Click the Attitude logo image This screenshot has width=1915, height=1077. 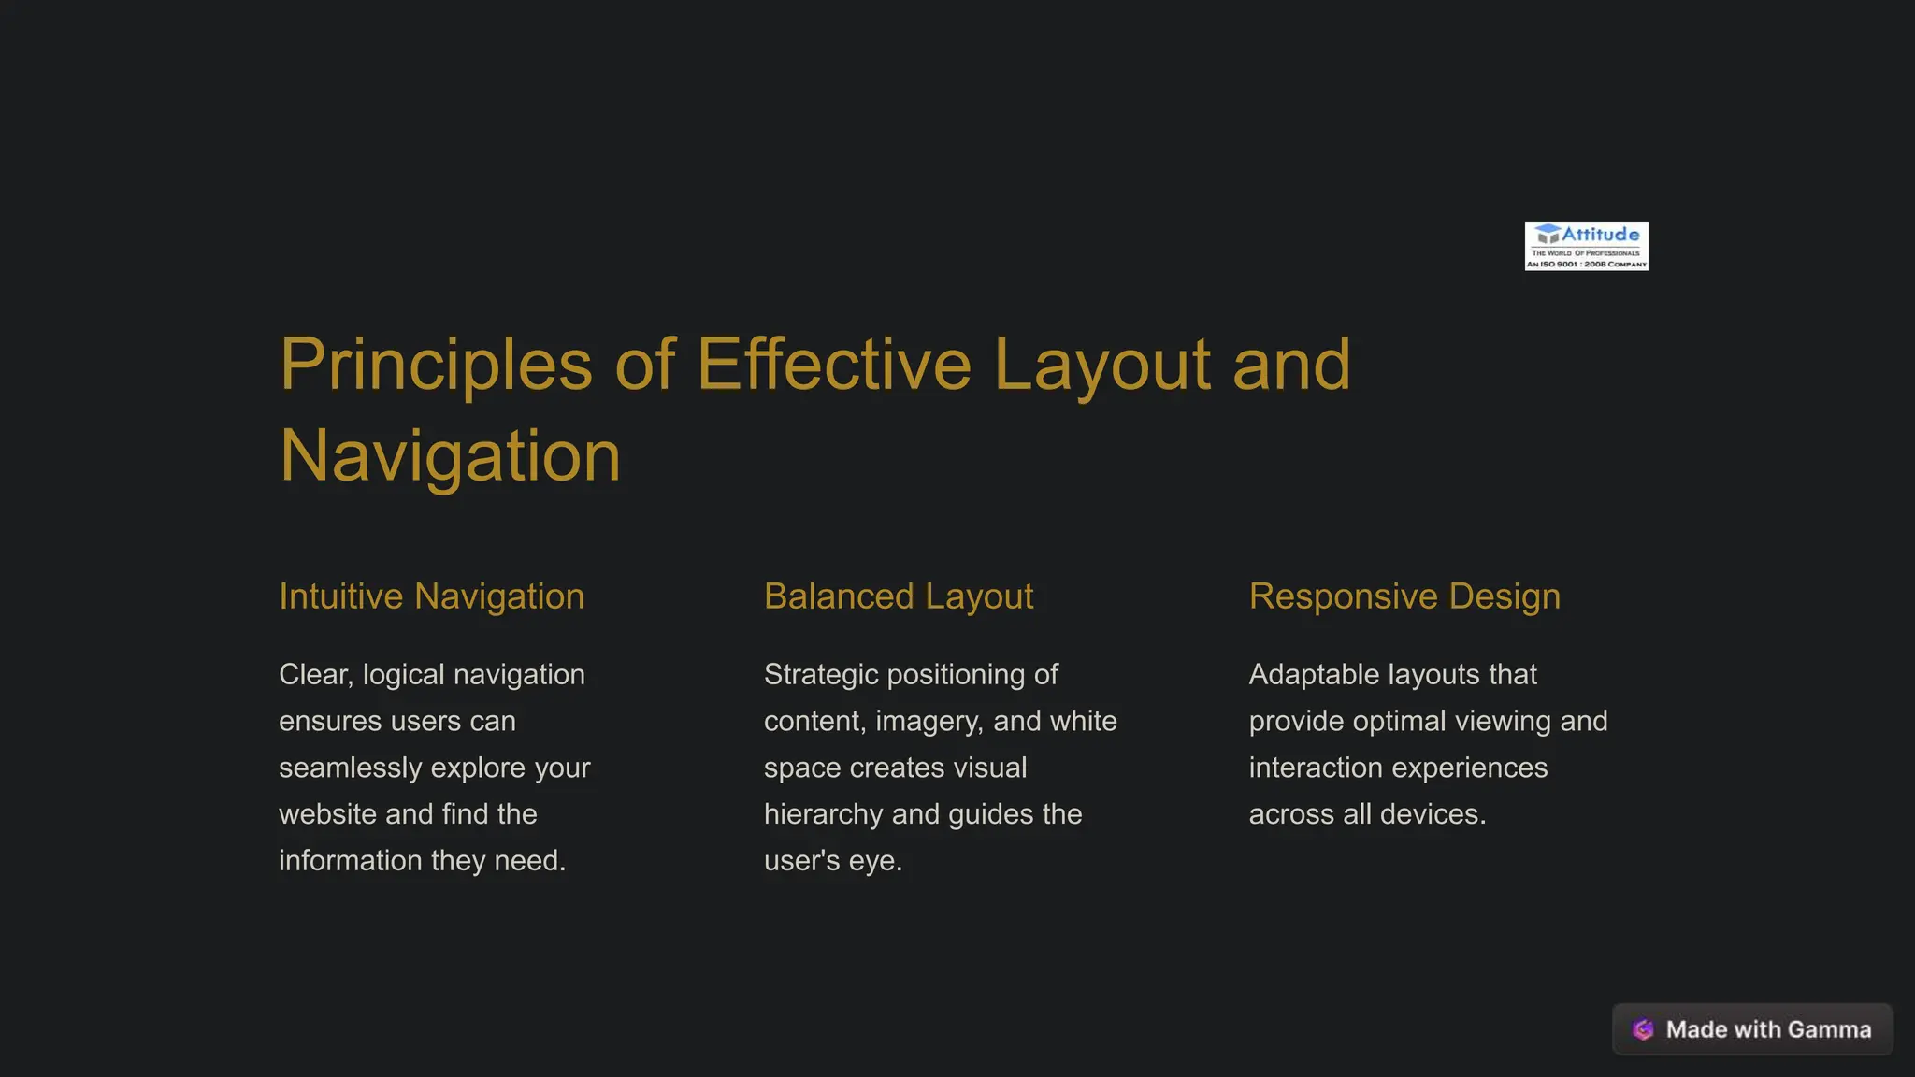[x=1586, y=246]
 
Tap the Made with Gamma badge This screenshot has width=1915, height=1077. [x=1752, y=1029]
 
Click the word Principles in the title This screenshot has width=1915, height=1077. [x=436, y=365]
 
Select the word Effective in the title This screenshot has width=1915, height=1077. [x=834, y=365]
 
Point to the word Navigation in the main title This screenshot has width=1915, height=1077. [x=450, y=456]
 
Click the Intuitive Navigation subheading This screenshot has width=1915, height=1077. [x=431, y=596]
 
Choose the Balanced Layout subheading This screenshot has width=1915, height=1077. [x=899, y=596]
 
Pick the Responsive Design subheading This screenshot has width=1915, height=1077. [x=1404, y=596]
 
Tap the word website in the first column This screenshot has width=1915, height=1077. [x=328, y=814]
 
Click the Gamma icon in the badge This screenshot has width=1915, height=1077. [x=1643, y=1029]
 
